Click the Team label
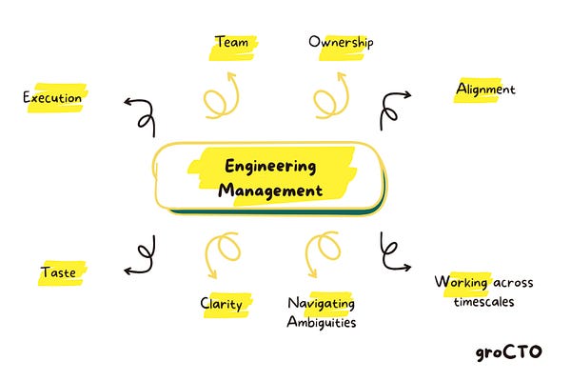pyautogui.click(x=232, y=42)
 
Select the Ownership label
pyautogui.click(x=341, y=42)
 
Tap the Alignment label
pyautogui.click(x=485, y=90)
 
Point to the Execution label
pyautogui.click(x=53, y=97)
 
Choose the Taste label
pyautogui.click(x=58, y=273)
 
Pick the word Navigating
pyautogui.click(x=321, y=304)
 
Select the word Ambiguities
pyautogui.click(x=321, y=322)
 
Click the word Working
pyautogui.click(x=463, y=283)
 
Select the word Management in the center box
pyautogui.click(x=271, y=190)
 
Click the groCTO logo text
pyautogui.click(x=509, y=352)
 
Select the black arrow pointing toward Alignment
pyautogui.click(x=392, y=108)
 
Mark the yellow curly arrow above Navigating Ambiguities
pyautogui.click(x=324, y=253)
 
